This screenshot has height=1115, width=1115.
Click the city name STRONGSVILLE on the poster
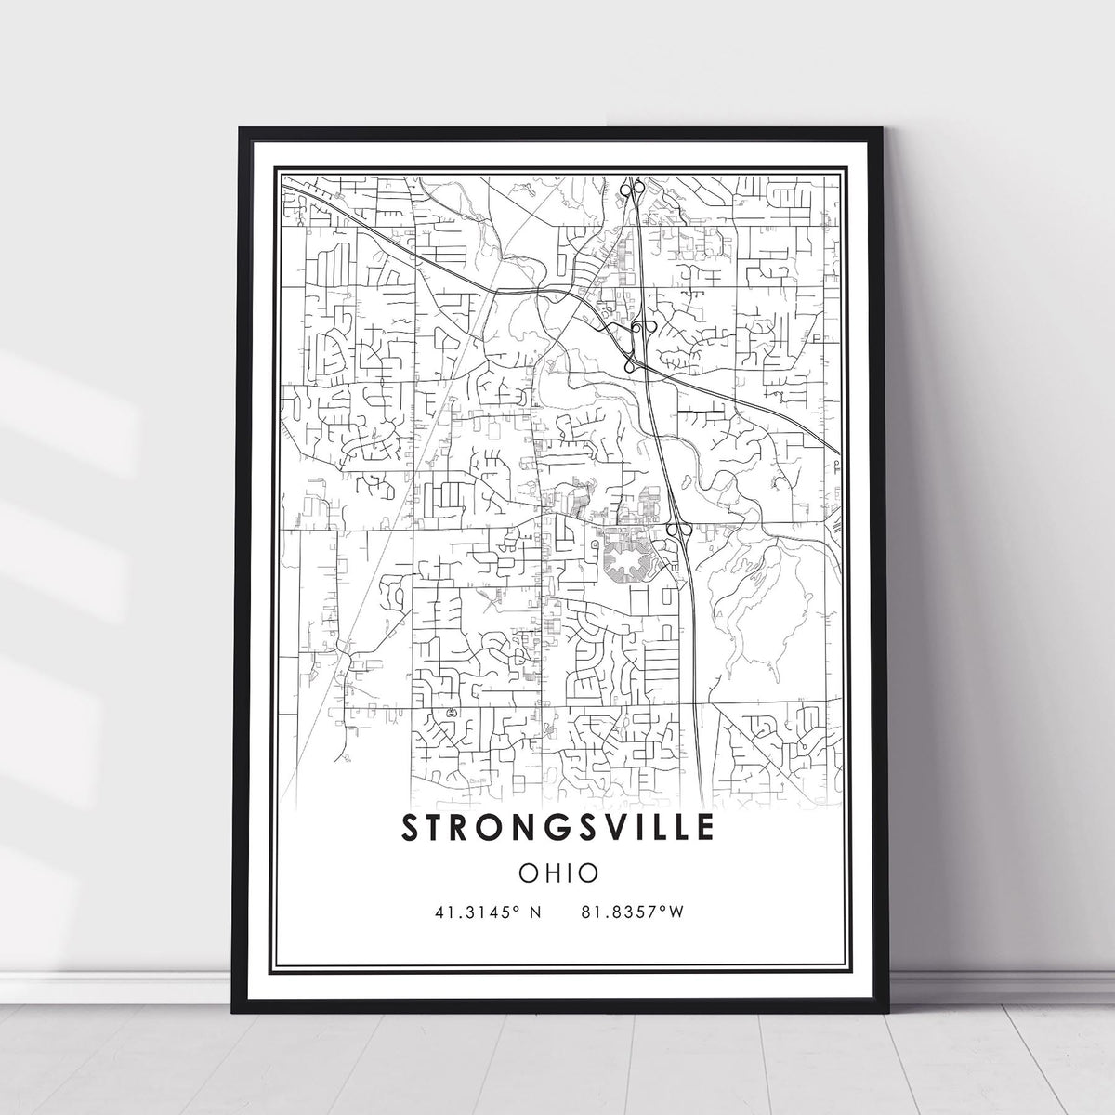[557, 826]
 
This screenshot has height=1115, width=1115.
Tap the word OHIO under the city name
[557, 872]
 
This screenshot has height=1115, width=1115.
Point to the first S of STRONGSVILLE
[410, 826]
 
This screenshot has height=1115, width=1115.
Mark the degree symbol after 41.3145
[516, 910]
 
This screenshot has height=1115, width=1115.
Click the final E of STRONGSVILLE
[705, 826]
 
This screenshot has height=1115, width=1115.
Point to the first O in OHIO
[527, 872]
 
